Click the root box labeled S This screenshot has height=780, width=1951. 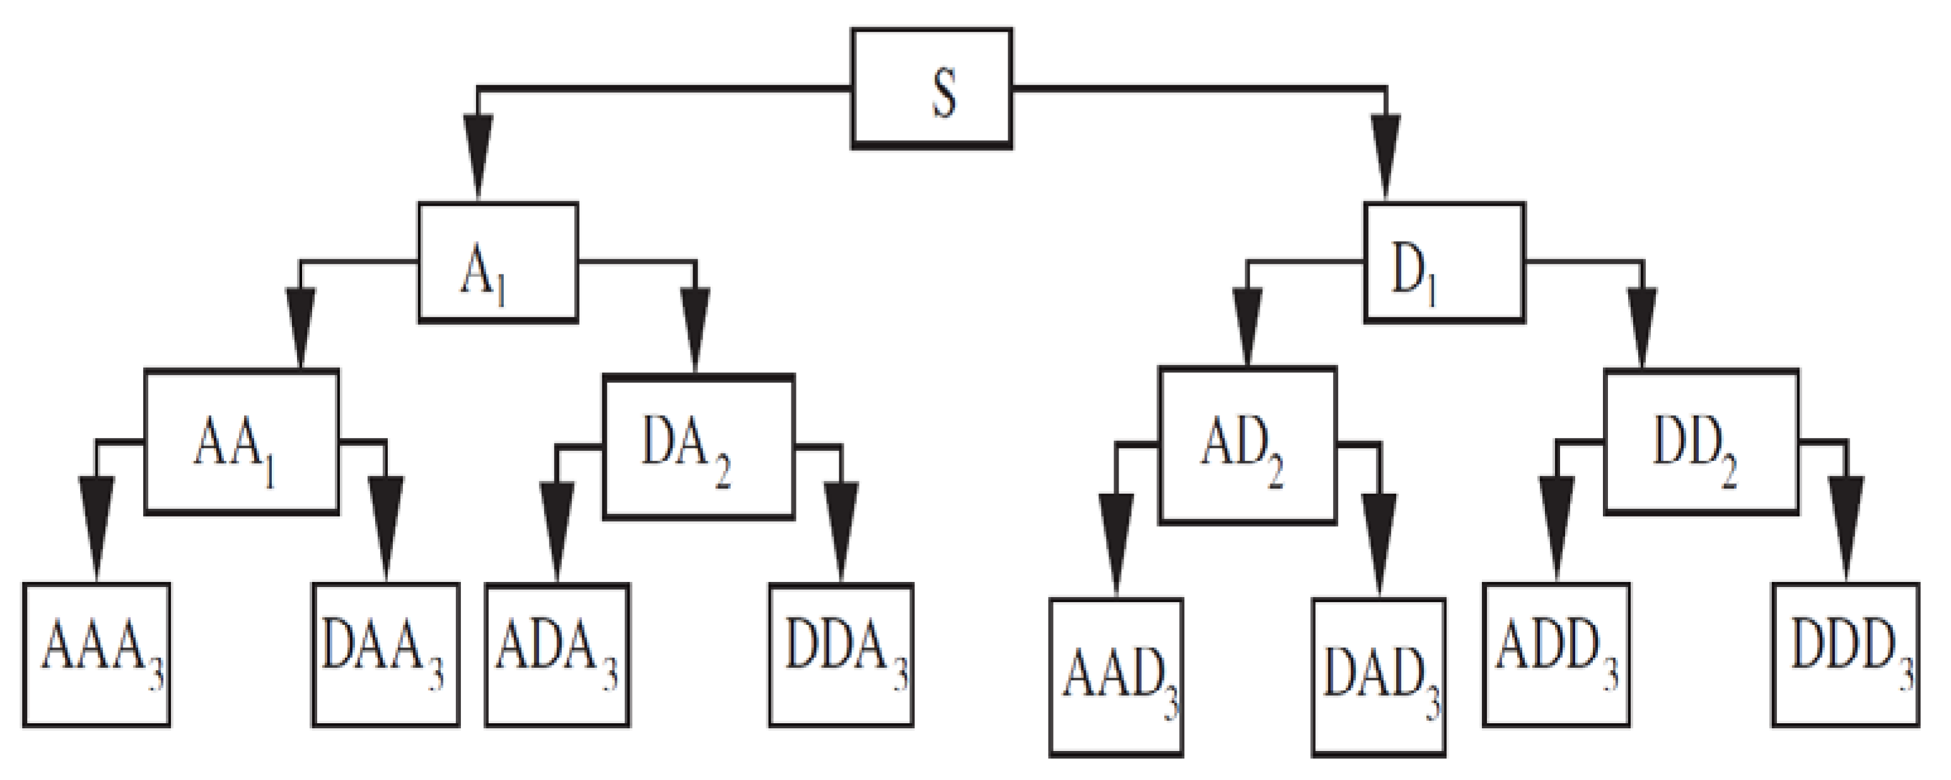coord(931,89)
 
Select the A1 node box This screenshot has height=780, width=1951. coord(498,263)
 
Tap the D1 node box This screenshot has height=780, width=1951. coord(1444,263)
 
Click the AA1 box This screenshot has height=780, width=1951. coord(242,441)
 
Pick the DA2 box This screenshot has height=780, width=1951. coord(698,447)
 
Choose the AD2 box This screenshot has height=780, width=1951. coord(1247,445)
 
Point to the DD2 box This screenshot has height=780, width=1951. coord(1701,441)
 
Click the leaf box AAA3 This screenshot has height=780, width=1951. coord(96,655)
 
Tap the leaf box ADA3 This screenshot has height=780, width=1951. coord(557,655)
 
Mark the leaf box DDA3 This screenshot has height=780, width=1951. coord(841,655)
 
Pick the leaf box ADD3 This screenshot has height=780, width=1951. coord(1556,655)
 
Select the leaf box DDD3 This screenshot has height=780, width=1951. coord(1845,655)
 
